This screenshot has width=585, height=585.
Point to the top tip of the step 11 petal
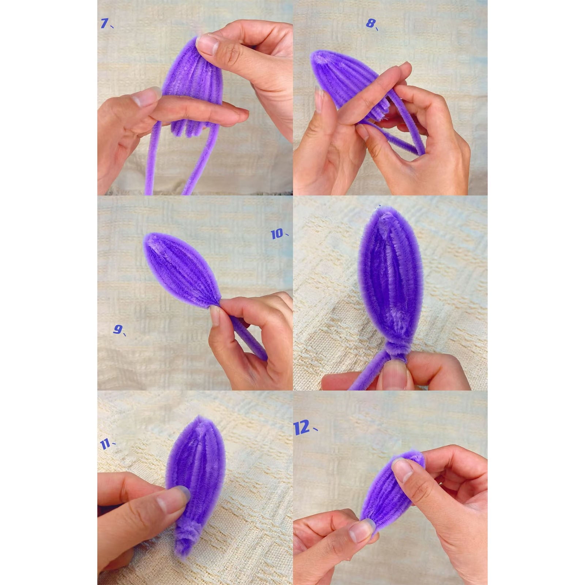tap(199, 418)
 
